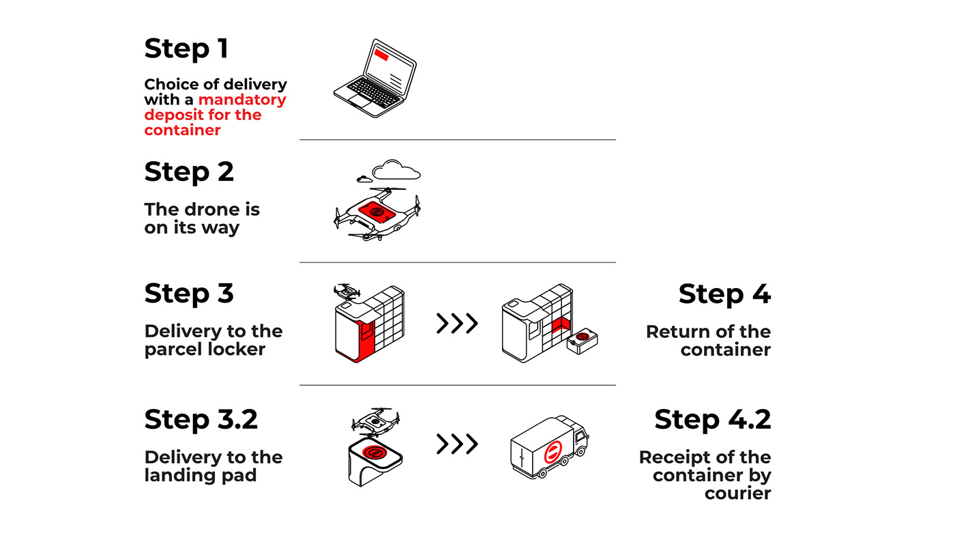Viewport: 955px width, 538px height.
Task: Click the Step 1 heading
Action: pos(186,49)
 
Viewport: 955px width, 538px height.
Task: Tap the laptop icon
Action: pos(374,78)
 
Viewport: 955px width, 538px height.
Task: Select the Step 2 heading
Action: pos(189,172)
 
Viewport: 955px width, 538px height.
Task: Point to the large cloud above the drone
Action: pos(396,169)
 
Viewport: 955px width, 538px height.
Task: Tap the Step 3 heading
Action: pos(189,294)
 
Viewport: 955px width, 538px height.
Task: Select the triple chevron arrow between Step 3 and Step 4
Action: pos(456,323)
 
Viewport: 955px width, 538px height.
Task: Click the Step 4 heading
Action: pos(724,294)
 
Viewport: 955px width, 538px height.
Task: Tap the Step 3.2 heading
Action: pos(201,419)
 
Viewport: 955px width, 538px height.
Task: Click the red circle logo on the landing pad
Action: pos(373,451)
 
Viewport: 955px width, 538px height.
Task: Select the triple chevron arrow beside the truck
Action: pos(456,444)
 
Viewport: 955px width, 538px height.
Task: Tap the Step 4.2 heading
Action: pos(712,419)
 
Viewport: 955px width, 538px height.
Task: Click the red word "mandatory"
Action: pos(242,100)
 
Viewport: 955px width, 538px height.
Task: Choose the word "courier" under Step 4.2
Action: pos(737,493)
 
